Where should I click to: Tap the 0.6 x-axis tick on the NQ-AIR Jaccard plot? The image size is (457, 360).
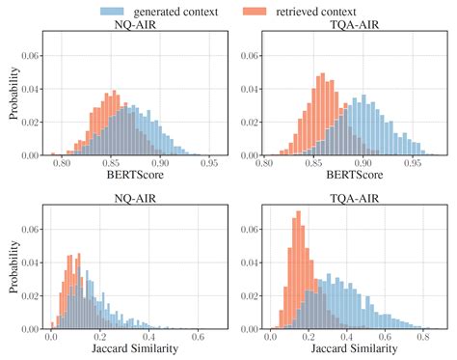(x=196, y=336)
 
